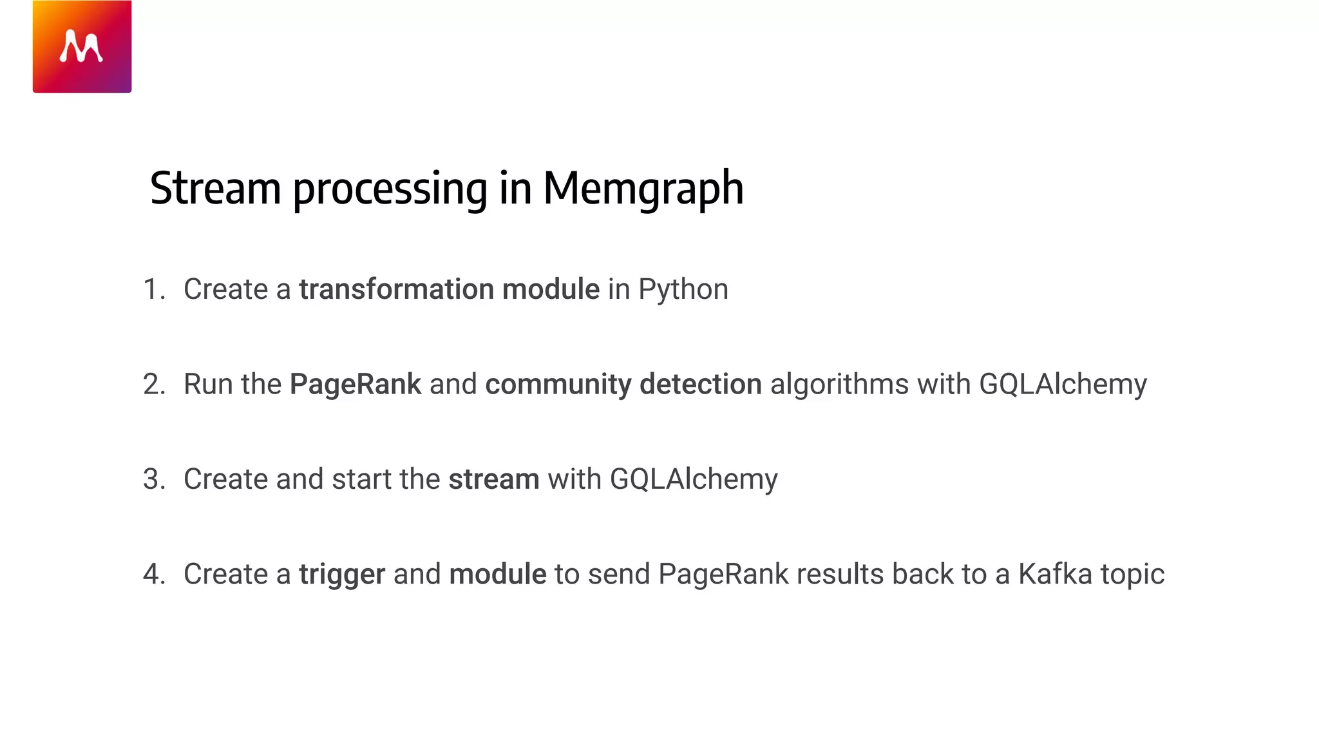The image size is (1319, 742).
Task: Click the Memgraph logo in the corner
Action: click(x=82, y=46)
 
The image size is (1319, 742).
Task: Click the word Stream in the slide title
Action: click(x=215, y=188)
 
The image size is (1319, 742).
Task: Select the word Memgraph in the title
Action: click(x=643, y=188)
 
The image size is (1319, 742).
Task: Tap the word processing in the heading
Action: click(x=390, y=189)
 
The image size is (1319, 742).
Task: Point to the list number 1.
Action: click(x=153, y=289)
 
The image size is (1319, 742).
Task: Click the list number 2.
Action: click(x=154, y=384)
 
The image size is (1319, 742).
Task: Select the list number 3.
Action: click(x=154, y=479)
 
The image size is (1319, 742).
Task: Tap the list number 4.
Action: click(x=154, y=574)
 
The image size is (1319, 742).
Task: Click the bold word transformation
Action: click(x=396, y=289)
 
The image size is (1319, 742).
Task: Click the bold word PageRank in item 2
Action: click(x=355, y=385)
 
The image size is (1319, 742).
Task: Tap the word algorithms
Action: click(x=839, y=385)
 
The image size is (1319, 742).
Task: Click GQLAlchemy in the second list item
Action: click(x=1063, y=385)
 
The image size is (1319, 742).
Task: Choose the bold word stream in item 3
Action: click(x=493, y=479)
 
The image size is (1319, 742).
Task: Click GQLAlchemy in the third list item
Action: click(x=693, y=480)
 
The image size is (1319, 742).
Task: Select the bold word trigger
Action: click(x=342, y=575)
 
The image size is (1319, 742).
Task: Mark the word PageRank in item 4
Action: click(x=723, y=575)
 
